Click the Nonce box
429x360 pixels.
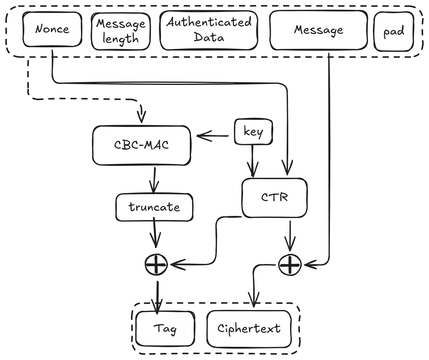pos(52,29)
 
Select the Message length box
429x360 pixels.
pos(121,31)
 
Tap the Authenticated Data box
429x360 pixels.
pos(209,30)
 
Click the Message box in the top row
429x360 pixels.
pos(318,30)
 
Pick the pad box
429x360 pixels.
pos(394,32)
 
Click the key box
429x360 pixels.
pos(253,132)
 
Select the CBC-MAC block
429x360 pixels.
pos(142,145)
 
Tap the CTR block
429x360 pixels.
pos(274,197)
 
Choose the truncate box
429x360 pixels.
pos(154,207)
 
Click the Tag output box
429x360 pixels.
pos(165,329)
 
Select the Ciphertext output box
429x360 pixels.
pos(249,329)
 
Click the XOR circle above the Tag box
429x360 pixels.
pos(156,264)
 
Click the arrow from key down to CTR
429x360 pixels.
pos(253,161)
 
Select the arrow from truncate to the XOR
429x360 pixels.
pos(155,233)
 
